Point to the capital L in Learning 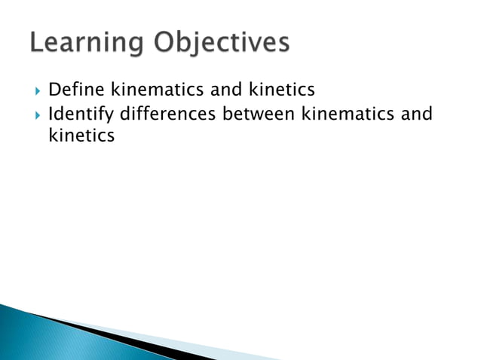38,43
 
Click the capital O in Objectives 167,43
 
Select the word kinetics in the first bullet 281,91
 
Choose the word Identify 81,116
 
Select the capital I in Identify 51,114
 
